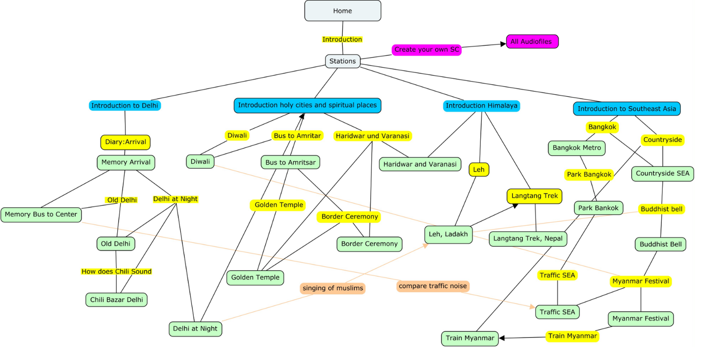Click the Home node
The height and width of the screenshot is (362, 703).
click(x=343, y=11)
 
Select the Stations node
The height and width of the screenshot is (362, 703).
click(x=343, y=61)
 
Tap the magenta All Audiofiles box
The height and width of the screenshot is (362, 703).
click(x=532, y=42)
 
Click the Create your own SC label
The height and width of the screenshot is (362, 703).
click(x=426, y=50)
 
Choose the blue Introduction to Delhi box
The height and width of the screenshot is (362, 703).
click(x=125, y=105)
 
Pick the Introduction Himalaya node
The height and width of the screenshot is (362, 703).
click(x=481, y=106)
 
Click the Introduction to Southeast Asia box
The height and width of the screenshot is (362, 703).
click(x=626, y=109)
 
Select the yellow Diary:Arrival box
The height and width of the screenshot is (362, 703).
click(x=125, y=142)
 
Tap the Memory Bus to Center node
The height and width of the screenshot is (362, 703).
click(x=41, y=214)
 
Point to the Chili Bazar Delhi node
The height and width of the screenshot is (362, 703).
click(x=116, y=300)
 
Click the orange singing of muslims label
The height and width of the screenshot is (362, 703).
click(x=333, y=288)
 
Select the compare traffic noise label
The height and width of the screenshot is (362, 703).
click(x=433, y=286)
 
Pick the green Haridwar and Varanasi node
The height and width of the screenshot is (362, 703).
click(x=420, y=164)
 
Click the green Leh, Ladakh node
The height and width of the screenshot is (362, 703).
click(x=449, y=234)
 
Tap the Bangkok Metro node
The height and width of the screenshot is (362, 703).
click(x=577, y=148)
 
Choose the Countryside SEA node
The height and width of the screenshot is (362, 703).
click(x=662, y=173)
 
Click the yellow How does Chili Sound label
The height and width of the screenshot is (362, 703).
click(x=116, y=271)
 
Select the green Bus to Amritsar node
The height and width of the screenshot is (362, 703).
click(x=290, y=162)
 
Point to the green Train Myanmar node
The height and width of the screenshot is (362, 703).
click(x=470, y=338)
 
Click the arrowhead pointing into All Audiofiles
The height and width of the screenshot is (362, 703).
click(x=503, y=44)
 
